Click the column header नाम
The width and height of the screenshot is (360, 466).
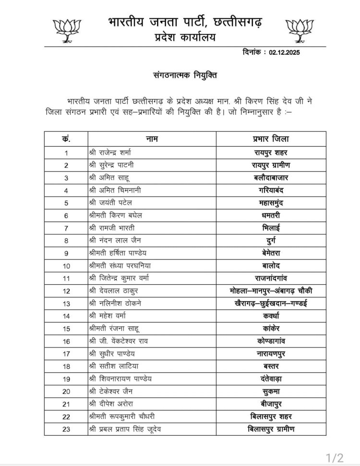152,139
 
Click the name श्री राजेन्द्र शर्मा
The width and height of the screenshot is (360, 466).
110,152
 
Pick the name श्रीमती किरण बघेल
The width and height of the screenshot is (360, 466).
115,215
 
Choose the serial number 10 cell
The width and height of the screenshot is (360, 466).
66,265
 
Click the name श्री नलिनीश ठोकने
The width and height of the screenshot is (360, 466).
115,303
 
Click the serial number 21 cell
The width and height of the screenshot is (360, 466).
66,404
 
